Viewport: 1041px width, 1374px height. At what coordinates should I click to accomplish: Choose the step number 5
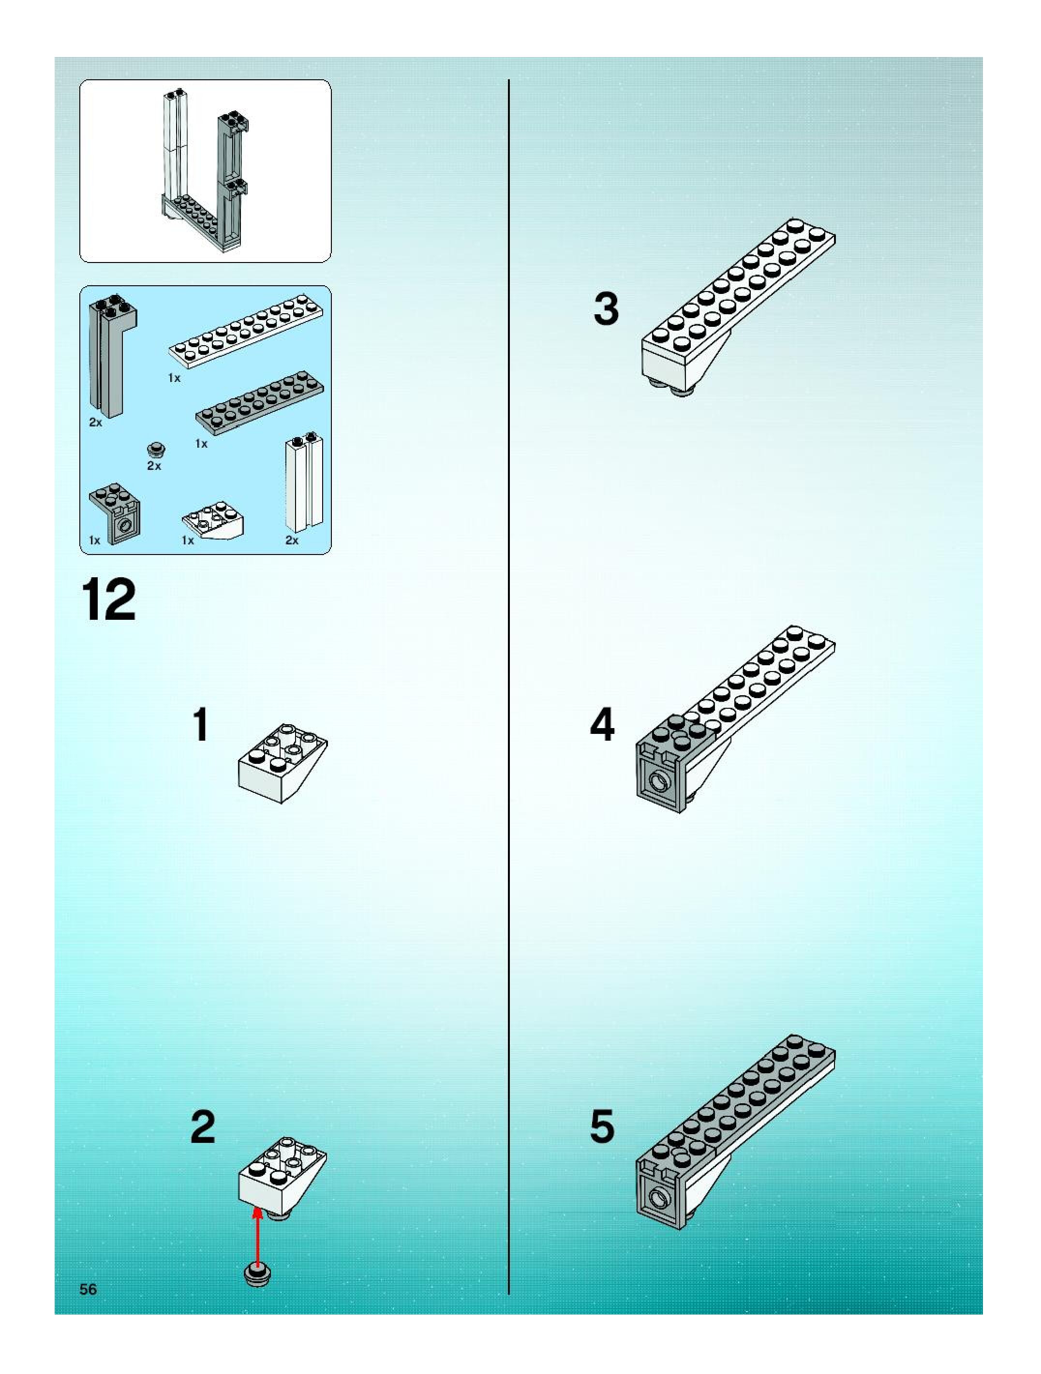coord(602,1127)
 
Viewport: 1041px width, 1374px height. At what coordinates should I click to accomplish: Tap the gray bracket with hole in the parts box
coord(116,512)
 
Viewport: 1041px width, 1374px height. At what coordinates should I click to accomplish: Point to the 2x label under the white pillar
coord(292,541)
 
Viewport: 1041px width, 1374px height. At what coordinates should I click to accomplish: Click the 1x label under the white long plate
coord(174,378)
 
